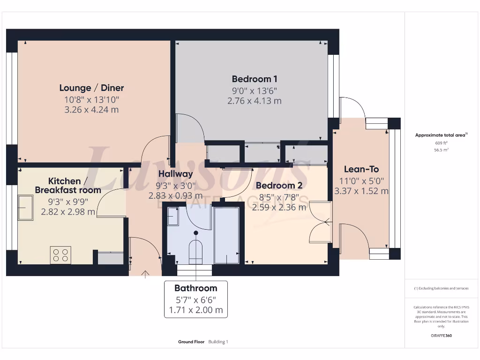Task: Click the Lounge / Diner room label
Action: [x=91, y=88]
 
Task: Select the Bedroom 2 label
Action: [x=279, y=185]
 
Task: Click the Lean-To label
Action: [x=361, y=169]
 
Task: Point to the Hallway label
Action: [x=175, y=174]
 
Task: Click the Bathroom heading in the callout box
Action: [x=195, y=288]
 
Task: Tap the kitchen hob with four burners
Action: [x=60, y=255]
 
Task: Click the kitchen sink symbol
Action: [x=25, y=207]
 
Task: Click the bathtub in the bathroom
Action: [x=227, y=234]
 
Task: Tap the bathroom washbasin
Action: [x=173, y=217]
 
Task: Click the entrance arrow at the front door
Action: [x=145, y=274]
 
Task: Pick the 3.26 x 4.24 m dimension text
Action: [x=91, y=110]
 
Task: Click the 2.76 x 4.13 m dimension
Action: [x=255, y=101]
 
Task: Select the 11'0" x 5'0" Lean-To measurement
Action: [x=361, y=180]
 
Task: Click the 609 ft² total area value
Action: [x=441, y=142]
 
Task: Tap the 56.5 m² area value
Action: [x=441, y=150]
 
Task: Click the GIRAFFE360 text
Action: [x=441, y=336]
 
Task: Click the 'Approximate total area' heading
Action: [x=440, y=135]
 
